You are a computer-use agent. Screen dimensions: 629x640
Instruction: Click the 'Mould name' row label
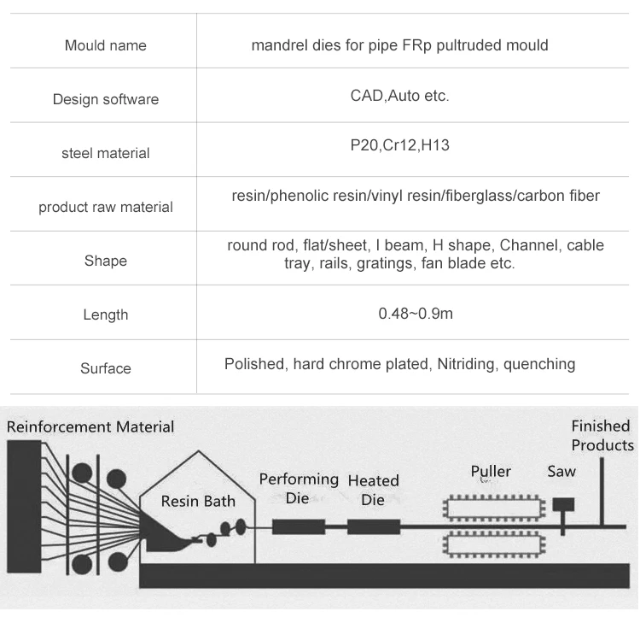coord(105,45)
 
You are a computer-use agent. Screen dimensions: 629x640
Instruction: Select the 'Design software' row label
coord(105,99)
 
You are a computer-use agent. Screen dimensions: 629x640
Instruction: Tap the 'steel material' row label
coord(105,153)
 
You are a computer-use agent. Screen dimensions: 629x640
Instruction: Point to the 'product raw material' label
coord(105,207)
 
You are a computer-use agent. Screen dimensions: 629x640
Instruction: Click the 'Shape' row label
coord(105,261)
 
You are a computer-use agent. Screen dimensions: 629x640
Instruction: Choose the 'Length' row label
coord(105,314)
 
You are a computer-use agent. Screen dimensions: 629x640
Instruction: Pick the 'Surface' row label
coord(105,368)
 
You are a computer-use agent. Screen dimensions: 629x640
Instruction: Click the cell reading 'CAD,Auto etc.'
coord(399,96)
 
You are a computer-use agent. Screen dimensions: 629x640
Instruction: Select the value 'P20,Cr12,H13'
coord(399,145)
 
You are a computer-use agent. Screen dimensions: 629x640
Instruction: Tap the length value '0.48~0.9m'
coord(416,314)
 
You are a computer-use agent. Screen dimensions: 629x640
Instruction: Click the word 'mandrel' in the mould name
coord(278,45)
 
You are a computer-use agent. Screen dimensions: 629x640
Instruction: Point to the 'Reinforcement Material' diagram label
coord(90,426)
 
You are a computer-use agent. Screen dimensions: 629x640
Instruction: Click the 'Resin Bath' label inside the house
coord(198,502)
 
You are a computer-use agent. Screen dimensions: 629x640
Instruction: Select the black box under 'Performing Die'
coord(299,526)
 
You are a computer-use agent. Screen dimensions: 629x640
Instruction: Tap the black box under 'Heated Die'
coord(374,526)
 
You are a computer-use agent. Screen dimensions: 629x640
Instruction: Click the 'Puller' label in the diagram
coord(491,471)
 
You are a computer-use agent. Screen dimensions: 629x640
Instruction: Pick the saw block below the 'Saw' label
coord(562,505)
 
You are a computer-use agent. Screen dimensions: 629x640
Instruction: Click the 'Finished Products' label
coord(602,435)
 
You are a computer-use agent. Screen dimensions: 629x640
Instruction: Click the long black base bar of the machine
coord(384,575)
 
